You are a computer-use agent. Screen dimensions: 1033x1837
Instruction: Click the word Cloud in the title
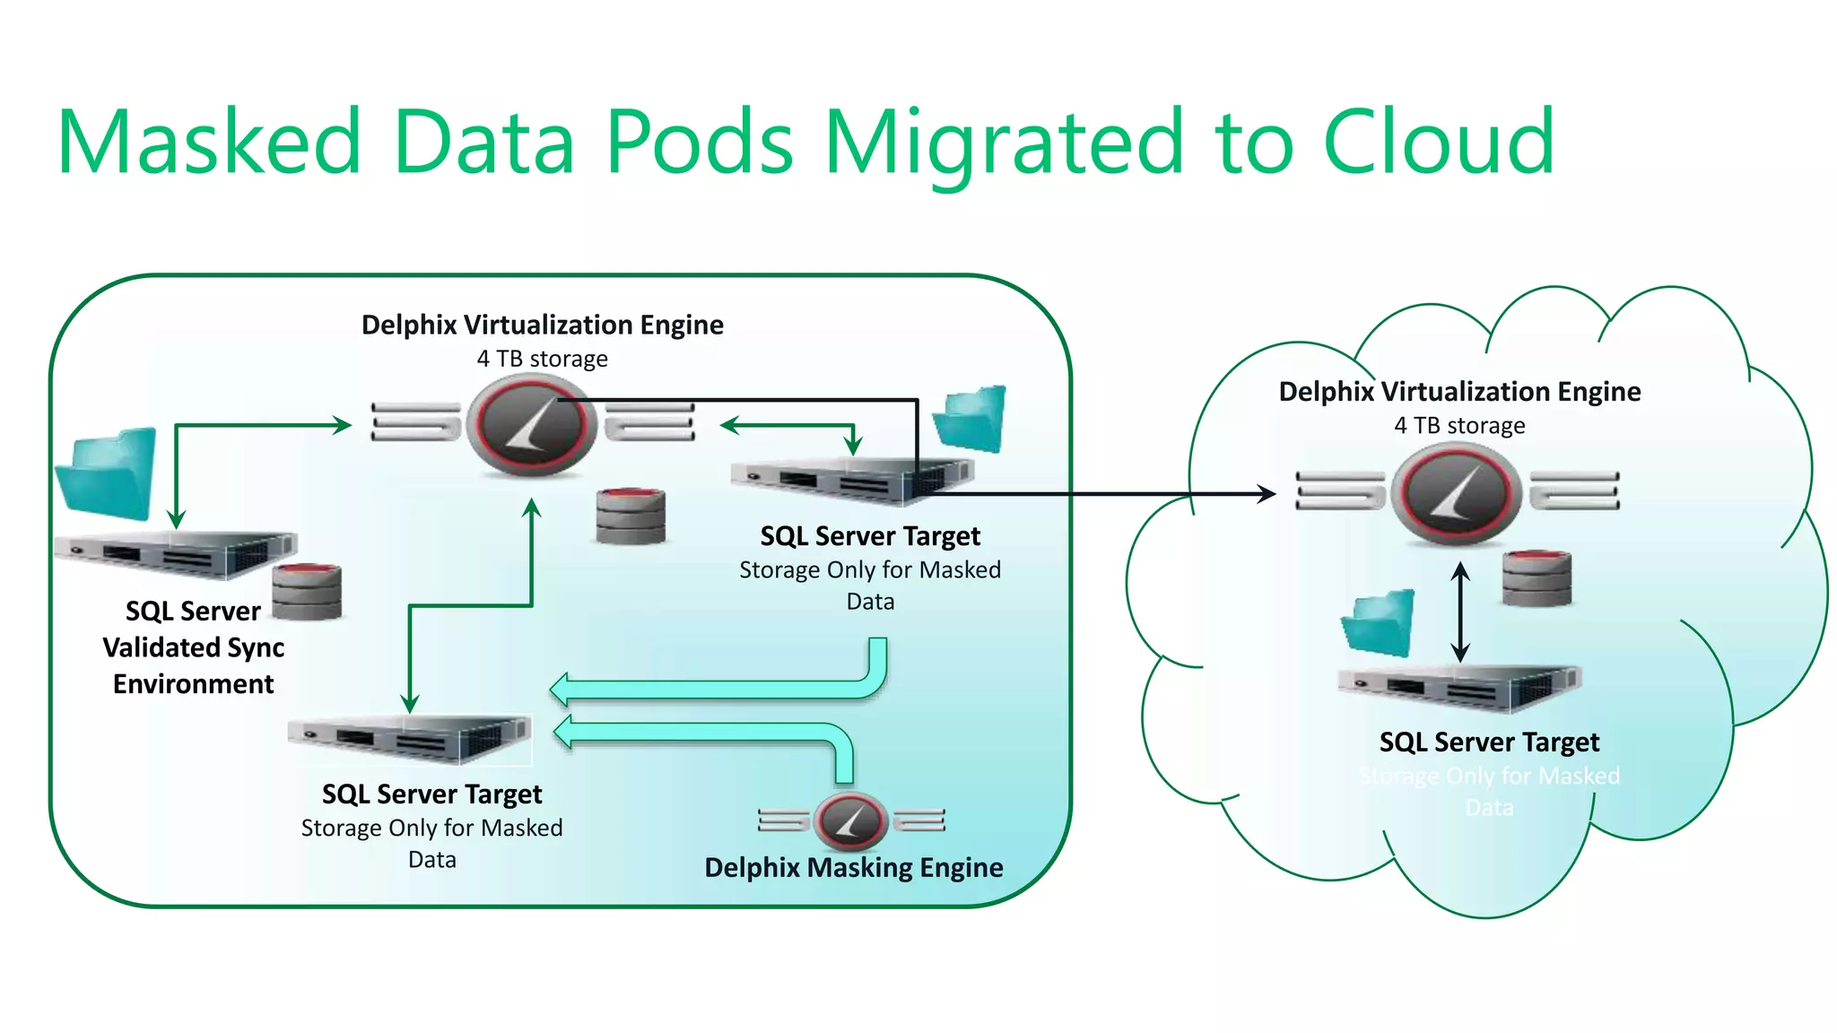coord(1438,142)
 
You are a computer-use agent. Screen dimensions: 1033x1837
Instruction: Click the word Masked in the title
coord(209,142)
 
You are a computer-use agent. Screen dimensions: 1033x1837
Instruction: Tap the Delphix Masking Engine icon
coord(850,820)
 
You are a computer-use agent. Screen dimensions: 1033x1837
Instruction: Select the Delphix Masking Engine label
coord(853,867)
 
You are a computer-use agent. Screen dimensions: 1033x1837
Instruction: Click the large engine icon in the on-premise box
coord(535,424)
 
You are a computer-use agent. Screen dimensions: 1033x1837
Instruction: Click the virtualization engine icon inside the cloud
coord(1457,494)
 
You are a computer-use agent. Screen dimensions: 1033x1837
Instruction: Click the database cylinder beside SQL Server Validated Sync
coord(307,591)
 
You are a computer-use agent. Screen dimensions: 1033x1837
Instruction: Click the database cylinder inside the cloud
coord(1537,578)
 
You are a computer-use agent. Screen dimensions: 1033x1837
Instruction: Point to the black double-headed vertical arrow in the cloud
coord(1460,612)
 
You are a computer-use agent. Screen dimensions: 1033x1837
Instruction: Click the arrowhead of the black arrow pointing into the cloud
coord(1267,493)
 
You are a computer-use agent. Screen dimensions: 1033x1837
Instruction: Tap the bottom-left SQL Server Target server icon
coord(410,738)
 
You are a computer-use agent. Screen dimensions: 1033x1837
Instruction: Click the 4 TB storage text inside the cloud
coord(1459,426)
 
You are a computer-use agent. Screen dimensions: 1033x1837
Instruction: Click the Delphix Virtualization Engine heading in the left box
coord(542,325)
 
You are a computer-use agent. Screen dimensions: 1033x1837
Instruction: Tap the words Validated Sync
coord(193,647)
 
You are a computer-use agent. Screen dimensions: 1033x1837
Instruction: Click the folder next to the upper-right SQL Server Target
coord(971,418)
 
